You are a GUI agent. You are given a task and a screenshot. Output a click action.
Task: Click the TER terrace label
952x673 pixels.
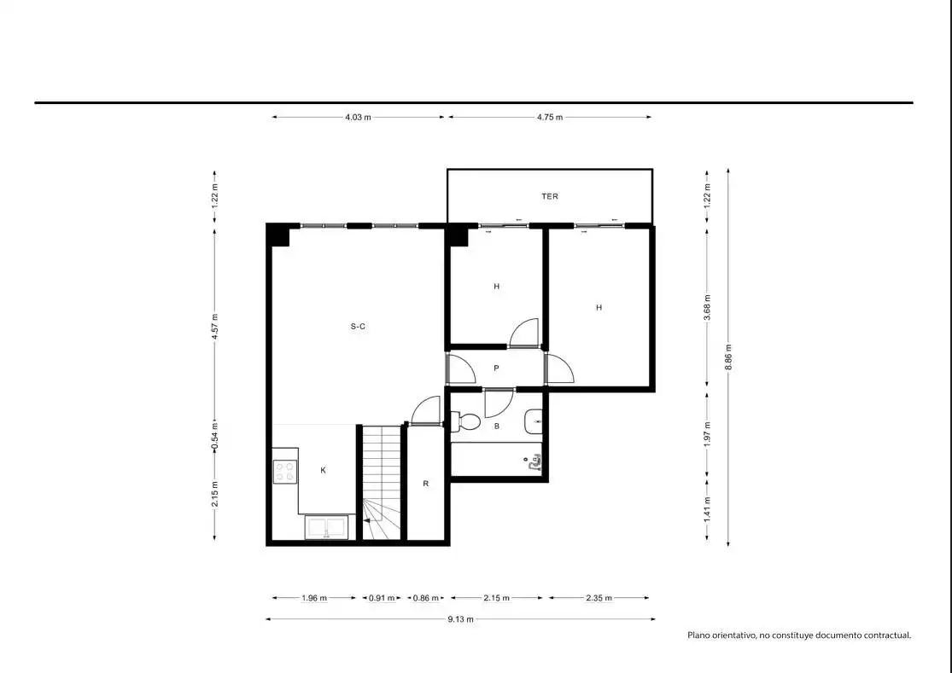tap(550, 196)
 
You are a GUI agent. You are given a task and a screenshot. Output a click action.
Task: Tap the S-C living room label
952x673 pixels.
tap(358, 326)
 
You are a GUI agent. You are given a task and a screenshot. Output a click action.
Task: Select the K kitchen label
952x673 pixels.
tap(323, 470)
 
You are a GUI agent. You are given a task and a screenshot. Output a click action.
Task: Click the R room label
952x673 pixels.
tap(425, 484)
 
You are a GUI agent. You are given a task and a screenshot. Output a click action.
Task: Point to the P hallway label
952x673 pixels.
tap(496, 368)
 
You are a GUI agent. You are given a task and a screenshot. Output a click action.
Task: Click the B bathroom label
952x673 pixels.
tap(497, 426)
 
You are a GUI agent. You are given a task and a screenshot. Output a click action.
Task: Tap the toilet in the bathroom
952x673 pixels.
tap(465, 421)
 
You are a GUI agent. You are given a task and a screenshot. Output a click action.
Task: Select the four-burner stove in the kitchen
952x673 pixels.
tap(285, 472)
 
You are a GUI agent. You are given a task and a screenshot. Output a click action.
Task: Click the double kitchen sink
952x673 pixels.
tap(327, 527)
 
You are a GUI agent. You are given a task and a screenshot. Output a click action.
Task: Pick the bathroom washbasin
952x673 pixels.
tap(533, 421)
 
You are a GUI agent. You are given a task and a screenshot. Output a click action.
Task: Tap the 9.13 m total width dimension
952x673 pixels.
tap(460, 619)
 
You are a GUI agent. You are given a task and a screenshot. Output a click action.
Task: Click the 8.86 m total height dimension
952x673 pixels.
tap(728, 357)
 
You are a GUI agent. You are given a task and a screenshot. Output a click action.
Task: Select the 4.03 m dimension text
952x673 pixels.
tap(358, 117)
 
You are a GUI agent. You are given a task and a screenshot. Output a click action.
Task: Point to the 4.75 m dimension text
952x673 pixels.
tap(550, 117)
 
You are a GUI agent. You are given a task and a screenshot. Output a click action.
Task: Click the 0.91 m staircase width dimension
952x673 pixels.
tap(382, 598)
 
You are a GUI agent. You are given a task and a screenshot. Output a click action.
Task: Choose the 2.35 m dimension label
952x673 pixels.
tap(599, 598)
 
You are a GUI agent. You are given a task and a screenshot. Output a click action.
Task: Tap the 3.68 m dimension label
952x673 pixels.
tap(707, 307)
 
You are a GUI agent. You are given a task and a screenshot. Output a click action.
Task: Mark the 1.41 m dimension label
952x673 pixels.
tap(707, 508)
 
